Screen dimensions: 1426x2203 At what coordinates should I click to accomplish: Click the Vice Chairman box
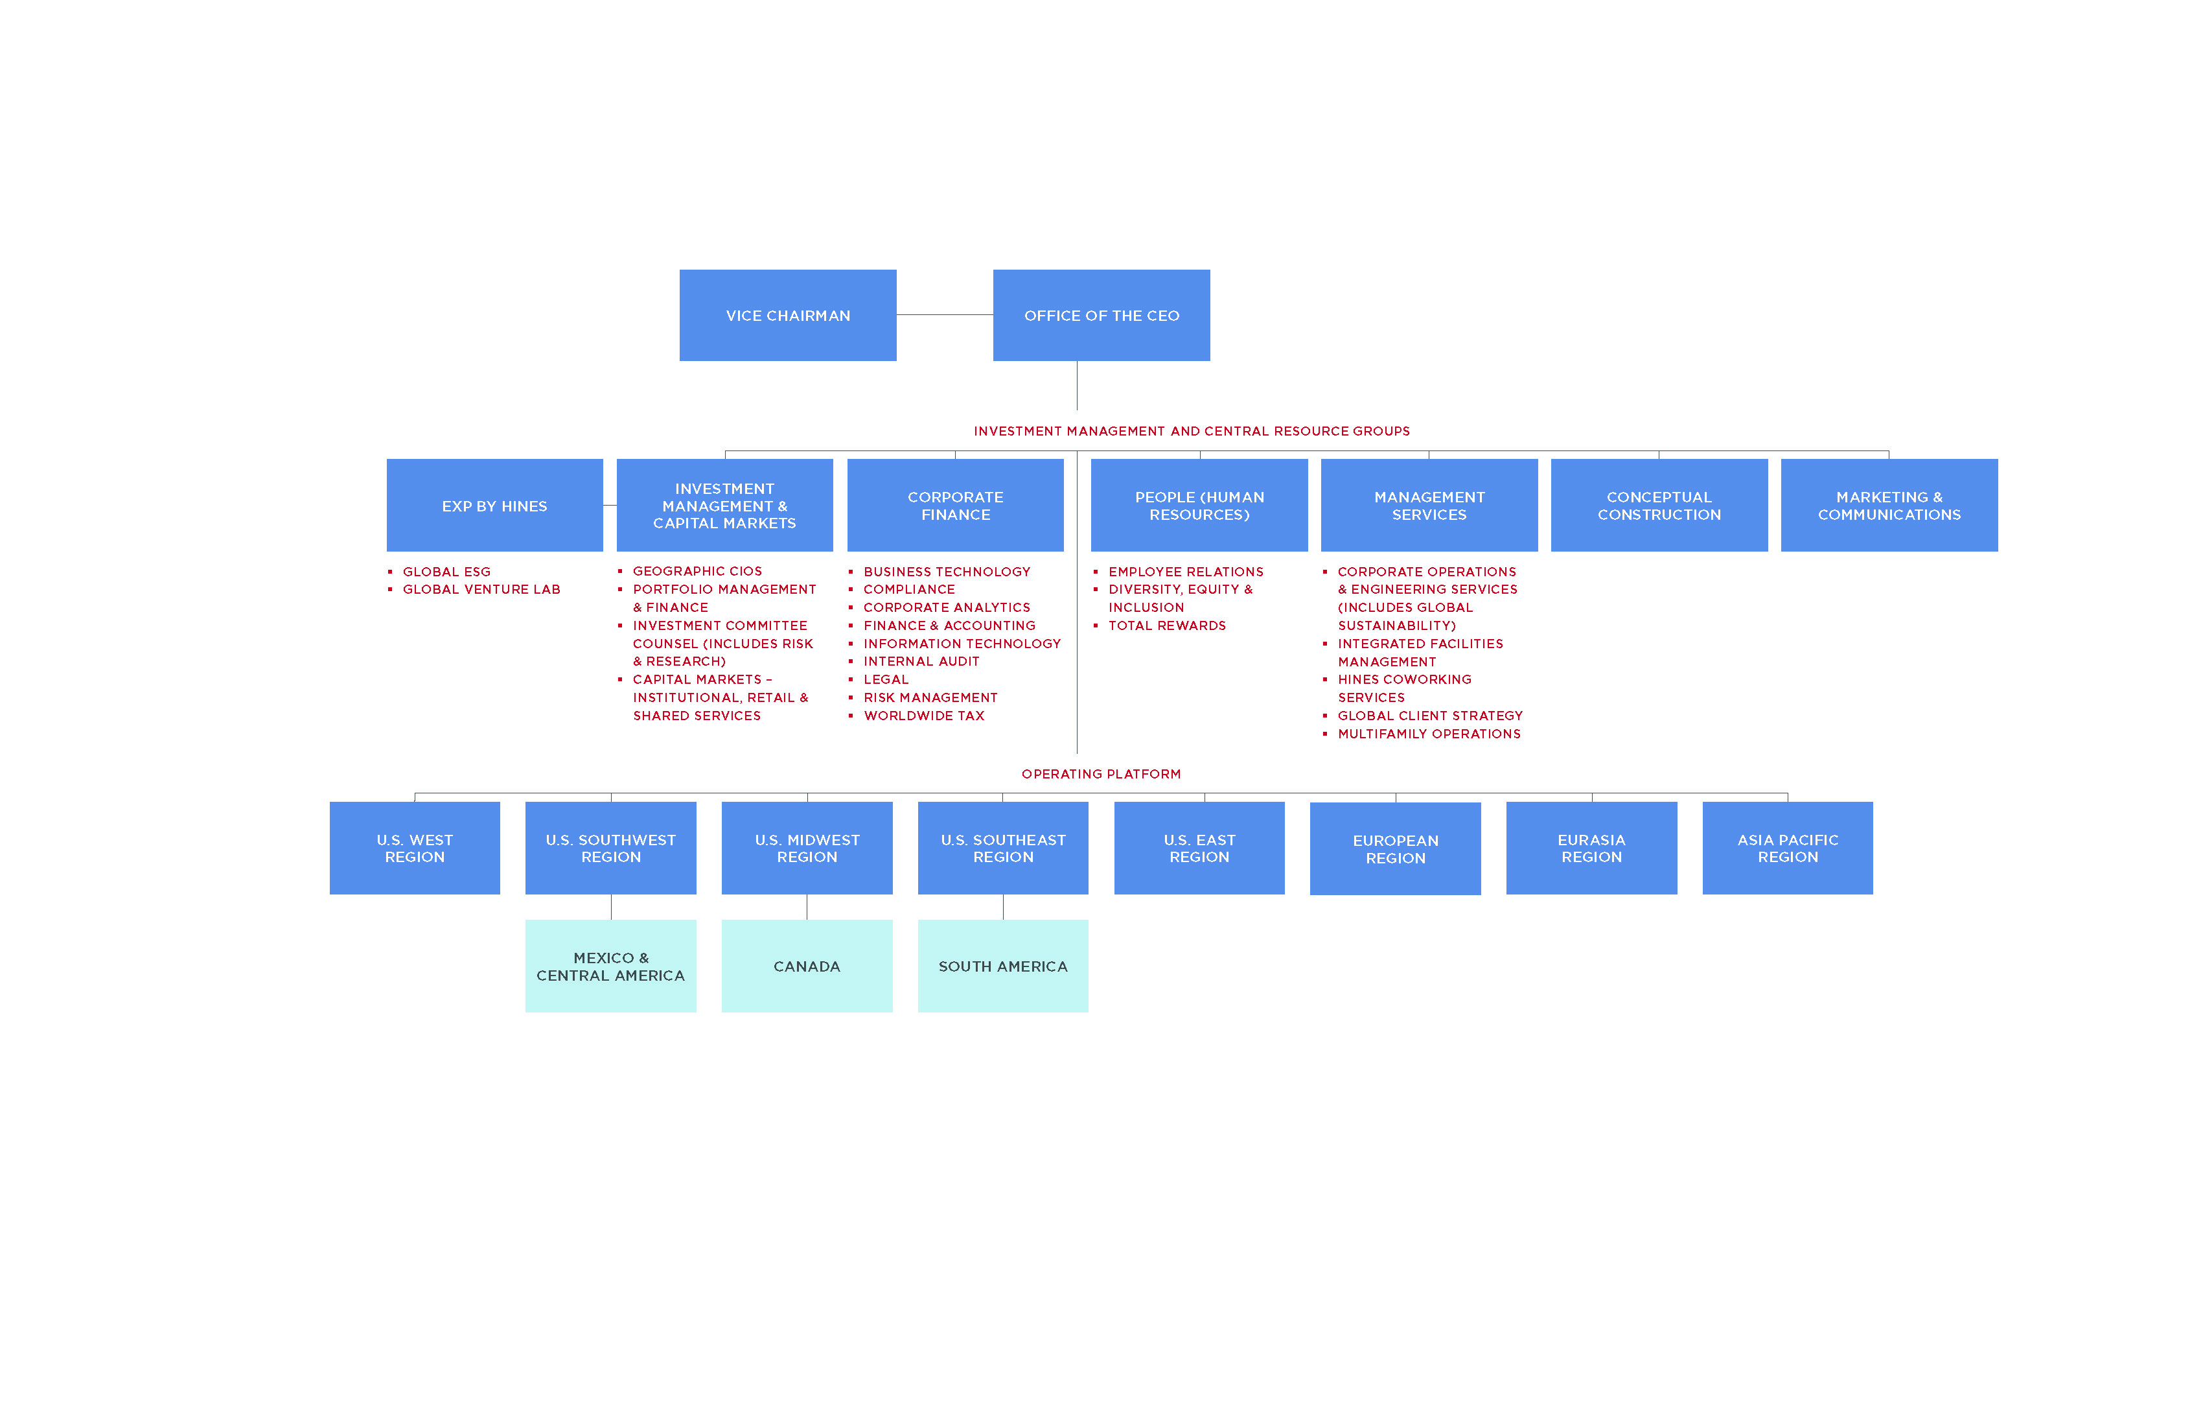[x=788, y=316]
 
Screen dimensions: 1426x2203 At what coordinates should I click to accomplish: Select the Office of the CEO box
[x=1101, y=316]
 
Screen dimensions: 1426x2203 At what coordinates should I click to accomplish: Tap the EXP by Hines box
[x=494, y=506]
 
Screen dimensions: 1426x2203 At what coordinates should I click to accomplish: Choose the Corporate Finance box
[x=955, y=506]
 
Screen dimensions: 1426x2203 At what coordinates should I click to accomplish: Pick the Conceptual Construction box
[x=1659, y=506]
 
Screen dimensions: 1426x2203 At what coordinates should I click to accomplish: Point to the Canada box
[x=806, y=966]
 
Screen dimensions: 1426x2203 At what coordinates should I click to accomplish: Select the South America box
[x=1002, y=966]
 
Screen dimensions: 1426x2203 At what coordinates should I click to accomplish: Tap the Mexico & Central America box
[x=610, y=966]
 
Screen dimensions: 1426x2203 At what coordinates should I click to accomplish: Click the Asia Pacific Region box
[x=1788, y=848]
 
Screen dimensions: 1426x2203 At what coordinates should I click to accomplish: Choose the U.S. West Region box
[x=415, y=848]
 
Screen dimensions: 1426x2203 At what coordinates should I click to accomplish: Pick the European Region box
[x=1395, y=848]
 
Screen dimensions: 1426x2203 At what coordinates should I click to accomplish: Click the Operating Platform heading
[x=1101, y=774]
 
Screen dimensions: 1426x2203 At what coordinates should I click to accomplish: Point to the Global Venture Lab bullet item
[x=481, y=589]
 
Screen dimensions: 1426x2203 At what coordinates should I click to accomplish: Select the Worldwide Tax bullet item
[x=924, y=716]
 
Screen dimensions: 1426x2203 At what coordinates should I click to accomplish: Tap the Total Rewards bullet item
[x=1166, y=626]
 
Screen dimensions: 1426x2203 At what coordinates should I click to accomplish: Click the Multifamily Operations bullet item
[x=1428, y=734]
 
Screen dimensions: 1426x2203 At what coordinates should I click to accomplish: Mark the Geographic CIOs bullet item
[x=697, y=571]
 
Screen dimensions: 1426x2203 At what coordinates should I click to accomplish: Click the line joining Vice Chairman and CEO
[x=944, y=315]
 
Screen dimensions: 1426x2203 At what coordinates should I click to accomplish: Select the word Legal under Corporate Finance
[x=886, y=680]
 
